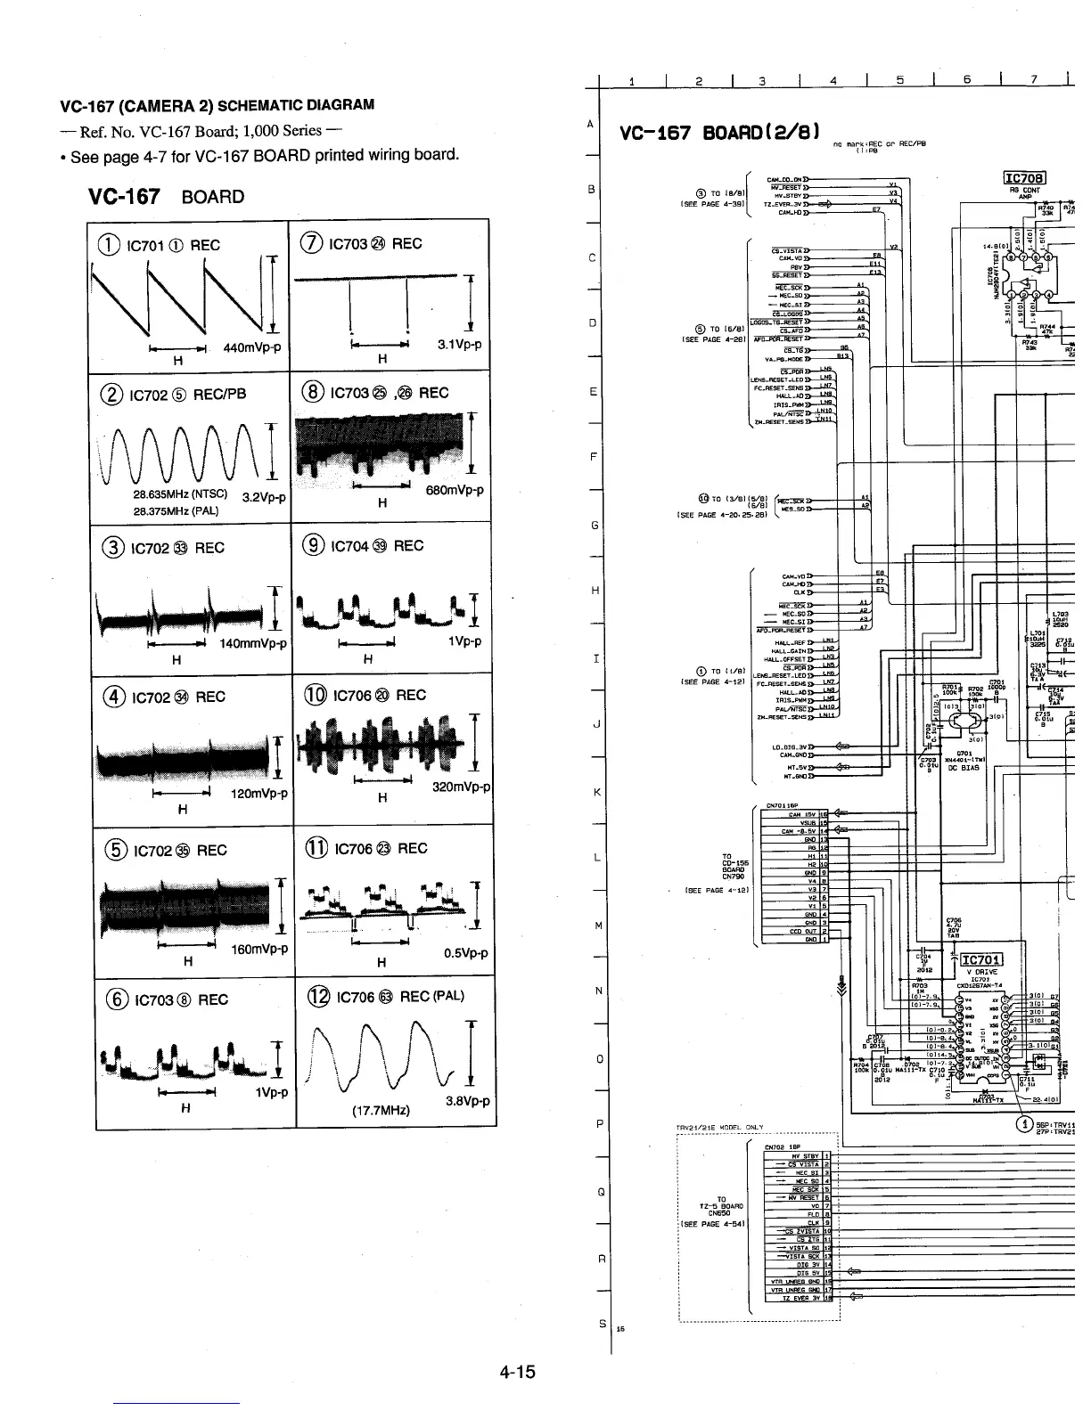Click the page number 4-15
[517, 1372]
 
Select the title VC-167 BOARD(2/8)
[719, 134]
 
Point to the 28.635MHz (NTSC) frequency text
[180, 494]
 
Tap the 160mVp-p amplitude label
[259, 949]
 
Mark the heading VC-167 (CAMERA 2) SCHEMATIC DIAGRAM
[217, 105]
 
